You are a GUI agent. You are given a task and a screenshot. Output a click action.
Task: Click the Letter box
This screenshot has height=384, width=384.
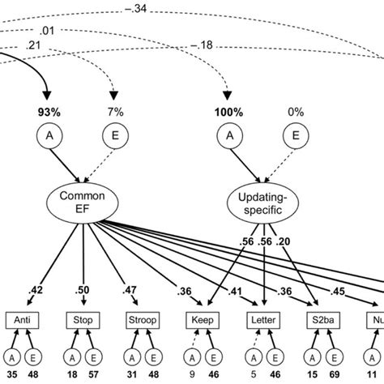[263, 320]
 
